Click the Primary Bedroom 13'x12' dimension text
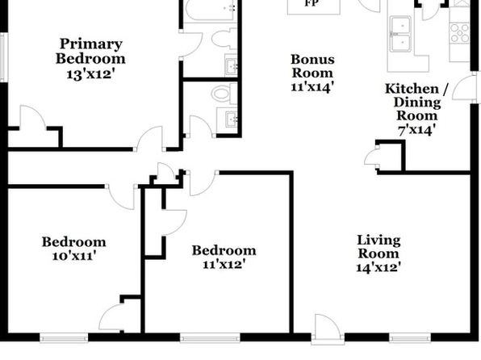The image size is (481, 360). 91,74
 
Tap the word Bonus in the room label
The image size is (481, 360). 312,60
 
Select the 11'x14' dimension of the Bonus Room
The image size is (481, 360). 312,86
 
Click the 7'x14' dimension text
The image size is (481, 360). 416,130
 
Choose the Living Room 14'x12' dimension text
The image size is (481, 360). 379,267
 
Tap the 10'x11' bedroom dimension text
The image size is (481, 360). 74,255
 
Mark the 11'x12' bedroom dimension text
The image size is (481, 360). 224,264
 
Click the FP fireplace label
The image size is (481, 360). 312,4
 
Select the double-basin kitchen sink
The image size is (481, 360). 400,34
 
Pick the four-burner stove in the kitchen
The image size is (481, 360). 459,33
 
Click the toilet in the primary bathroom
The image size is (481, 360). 224,39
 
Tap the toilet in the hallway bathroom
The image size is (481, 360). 224,94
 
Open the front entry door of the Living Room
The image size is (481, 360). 328,328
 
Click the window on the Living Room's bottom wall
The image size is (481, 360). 411,338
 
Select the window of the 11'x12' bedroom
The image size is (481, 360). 210,338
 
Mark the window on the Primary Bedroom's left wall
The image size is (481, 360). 4,57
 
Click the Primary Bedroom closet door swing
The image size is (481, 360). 33,117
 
